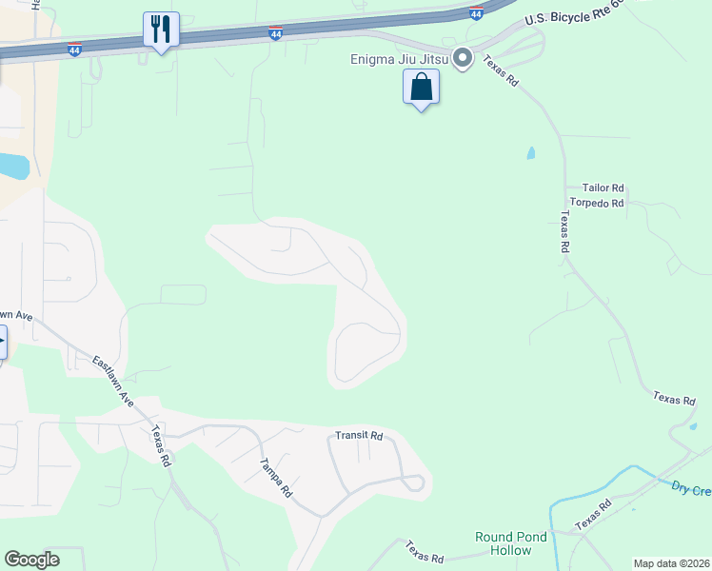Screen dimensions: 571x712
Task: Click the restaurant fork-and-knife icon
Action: [161, 29]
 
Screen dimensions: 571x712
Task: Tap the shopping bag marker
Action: [421, 89]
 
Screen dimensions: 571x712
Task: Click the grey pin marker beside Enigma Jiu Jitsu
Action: [463, 59]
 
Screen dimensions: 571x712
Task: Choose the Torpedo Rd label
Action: [597, 203]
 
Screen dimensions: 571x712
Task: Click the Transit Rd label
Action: [359, 436]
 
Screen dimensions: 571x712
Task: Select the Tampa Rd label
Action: [276, 478]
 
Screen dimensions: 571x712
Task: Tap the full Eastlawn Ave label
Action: [113, 383]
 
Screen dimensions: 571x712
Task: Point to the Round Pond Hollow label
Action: [511, 543]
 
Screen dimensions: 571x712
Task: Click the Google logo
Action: [31, 560]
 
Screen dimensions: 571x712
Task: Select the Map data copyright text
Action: [670, 563]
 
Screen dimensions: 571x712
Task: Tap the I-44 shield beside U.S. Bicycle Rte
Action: [477, 12]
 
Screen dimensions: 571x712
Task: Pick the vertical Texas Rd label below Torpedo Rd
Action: [564, 232]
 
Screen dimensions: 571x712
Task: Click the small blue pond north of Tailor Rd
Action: [530, 152]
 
